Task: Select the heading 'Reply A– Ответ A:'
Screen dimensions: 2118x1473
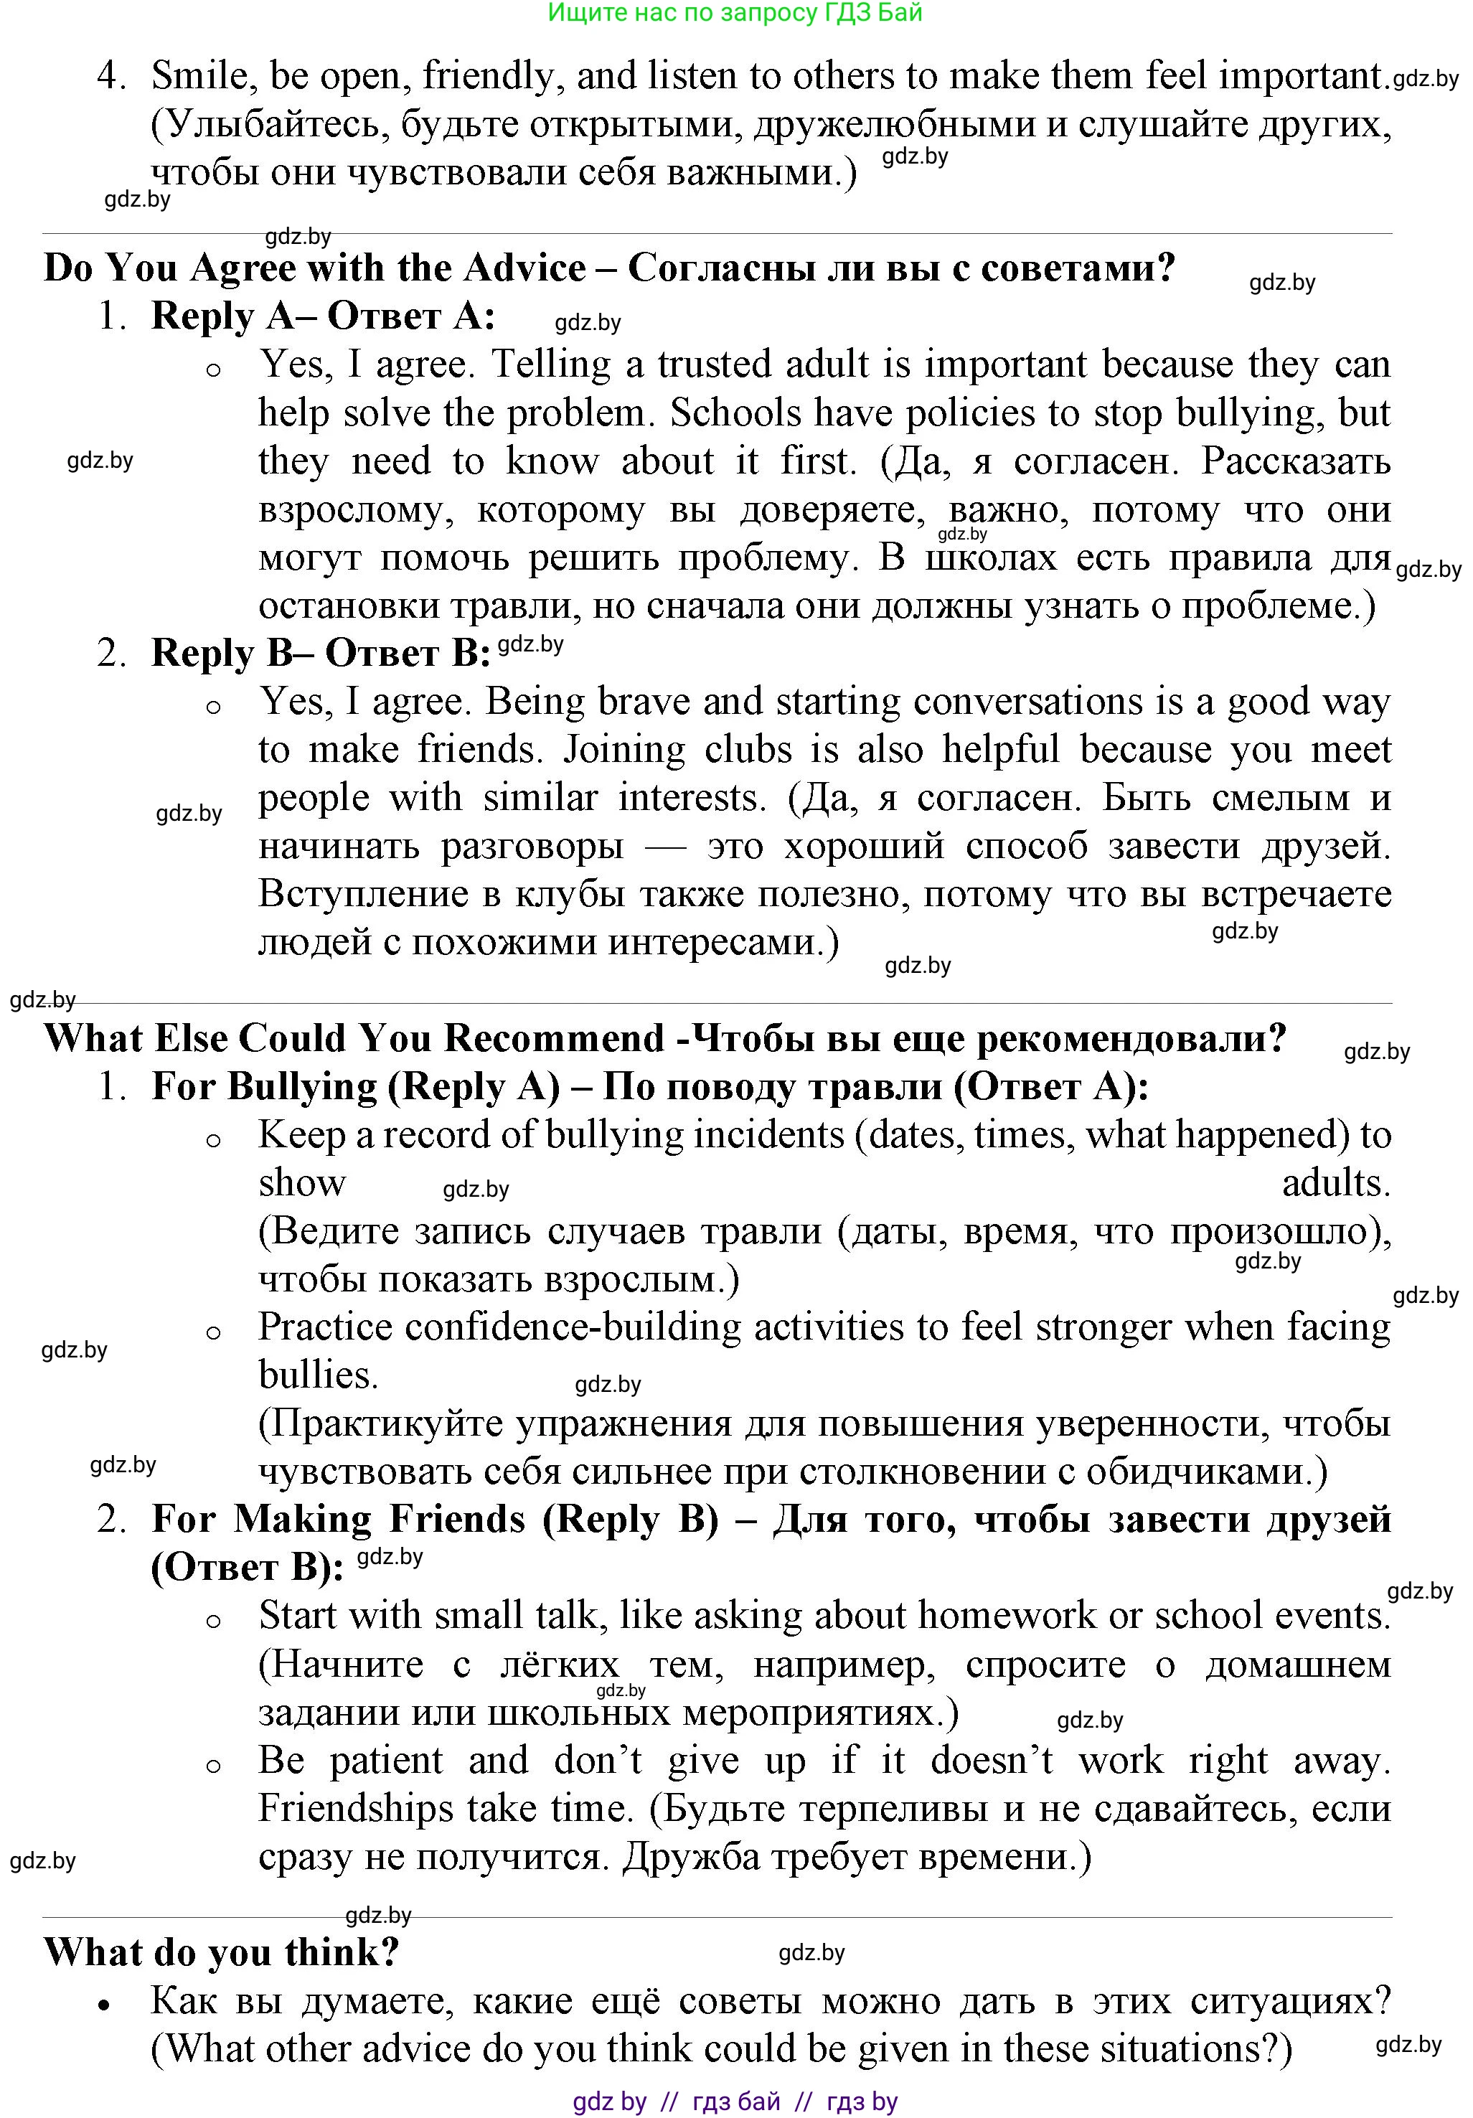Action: pyautogui.click(x=323, y=316)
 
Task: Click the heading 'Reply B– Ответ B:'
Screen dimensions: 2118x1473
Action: pyautogui.click(x=320, y=653)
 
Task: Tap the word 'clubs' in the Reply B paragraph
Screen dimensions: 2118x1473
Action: pyautogui.click(x=748, y=750)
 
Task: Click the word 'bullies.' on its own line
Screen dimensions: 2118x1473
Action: pyautogui.click(x=319, y=1375)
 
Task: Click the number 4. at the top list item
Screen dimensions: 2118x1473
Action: pyautogui.click(x=110, y=75)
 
